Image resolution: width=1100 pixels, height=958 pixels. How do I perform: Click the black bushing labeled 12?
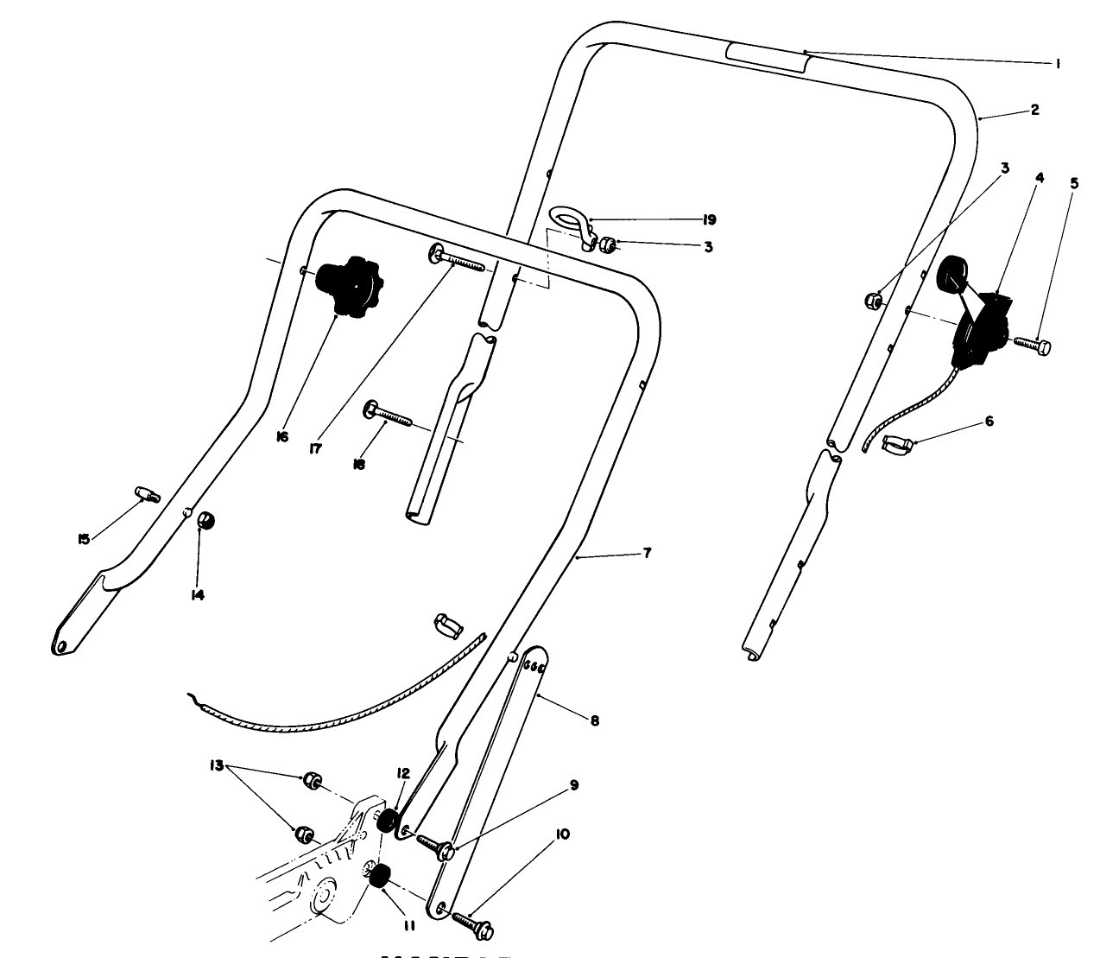(x=389, y=821)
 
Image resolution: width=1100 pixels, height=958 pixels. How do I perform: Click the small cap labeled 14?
(x=206, y=522)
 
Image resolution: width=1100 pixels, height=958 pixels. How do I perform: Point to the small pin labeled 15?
(x=147, y=495)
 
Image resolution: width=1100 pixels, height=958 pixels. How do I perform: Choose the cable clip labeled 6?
(x=898, y=445)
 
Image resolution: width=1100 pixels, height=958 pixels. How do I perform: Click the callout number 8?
(x=594, y=719)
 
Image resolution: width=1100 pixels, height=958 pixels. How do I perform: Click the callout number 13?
(x=216, y=765)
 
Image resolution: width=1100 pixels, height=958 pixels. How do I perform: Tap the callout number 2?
(x=1034, y=110)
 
